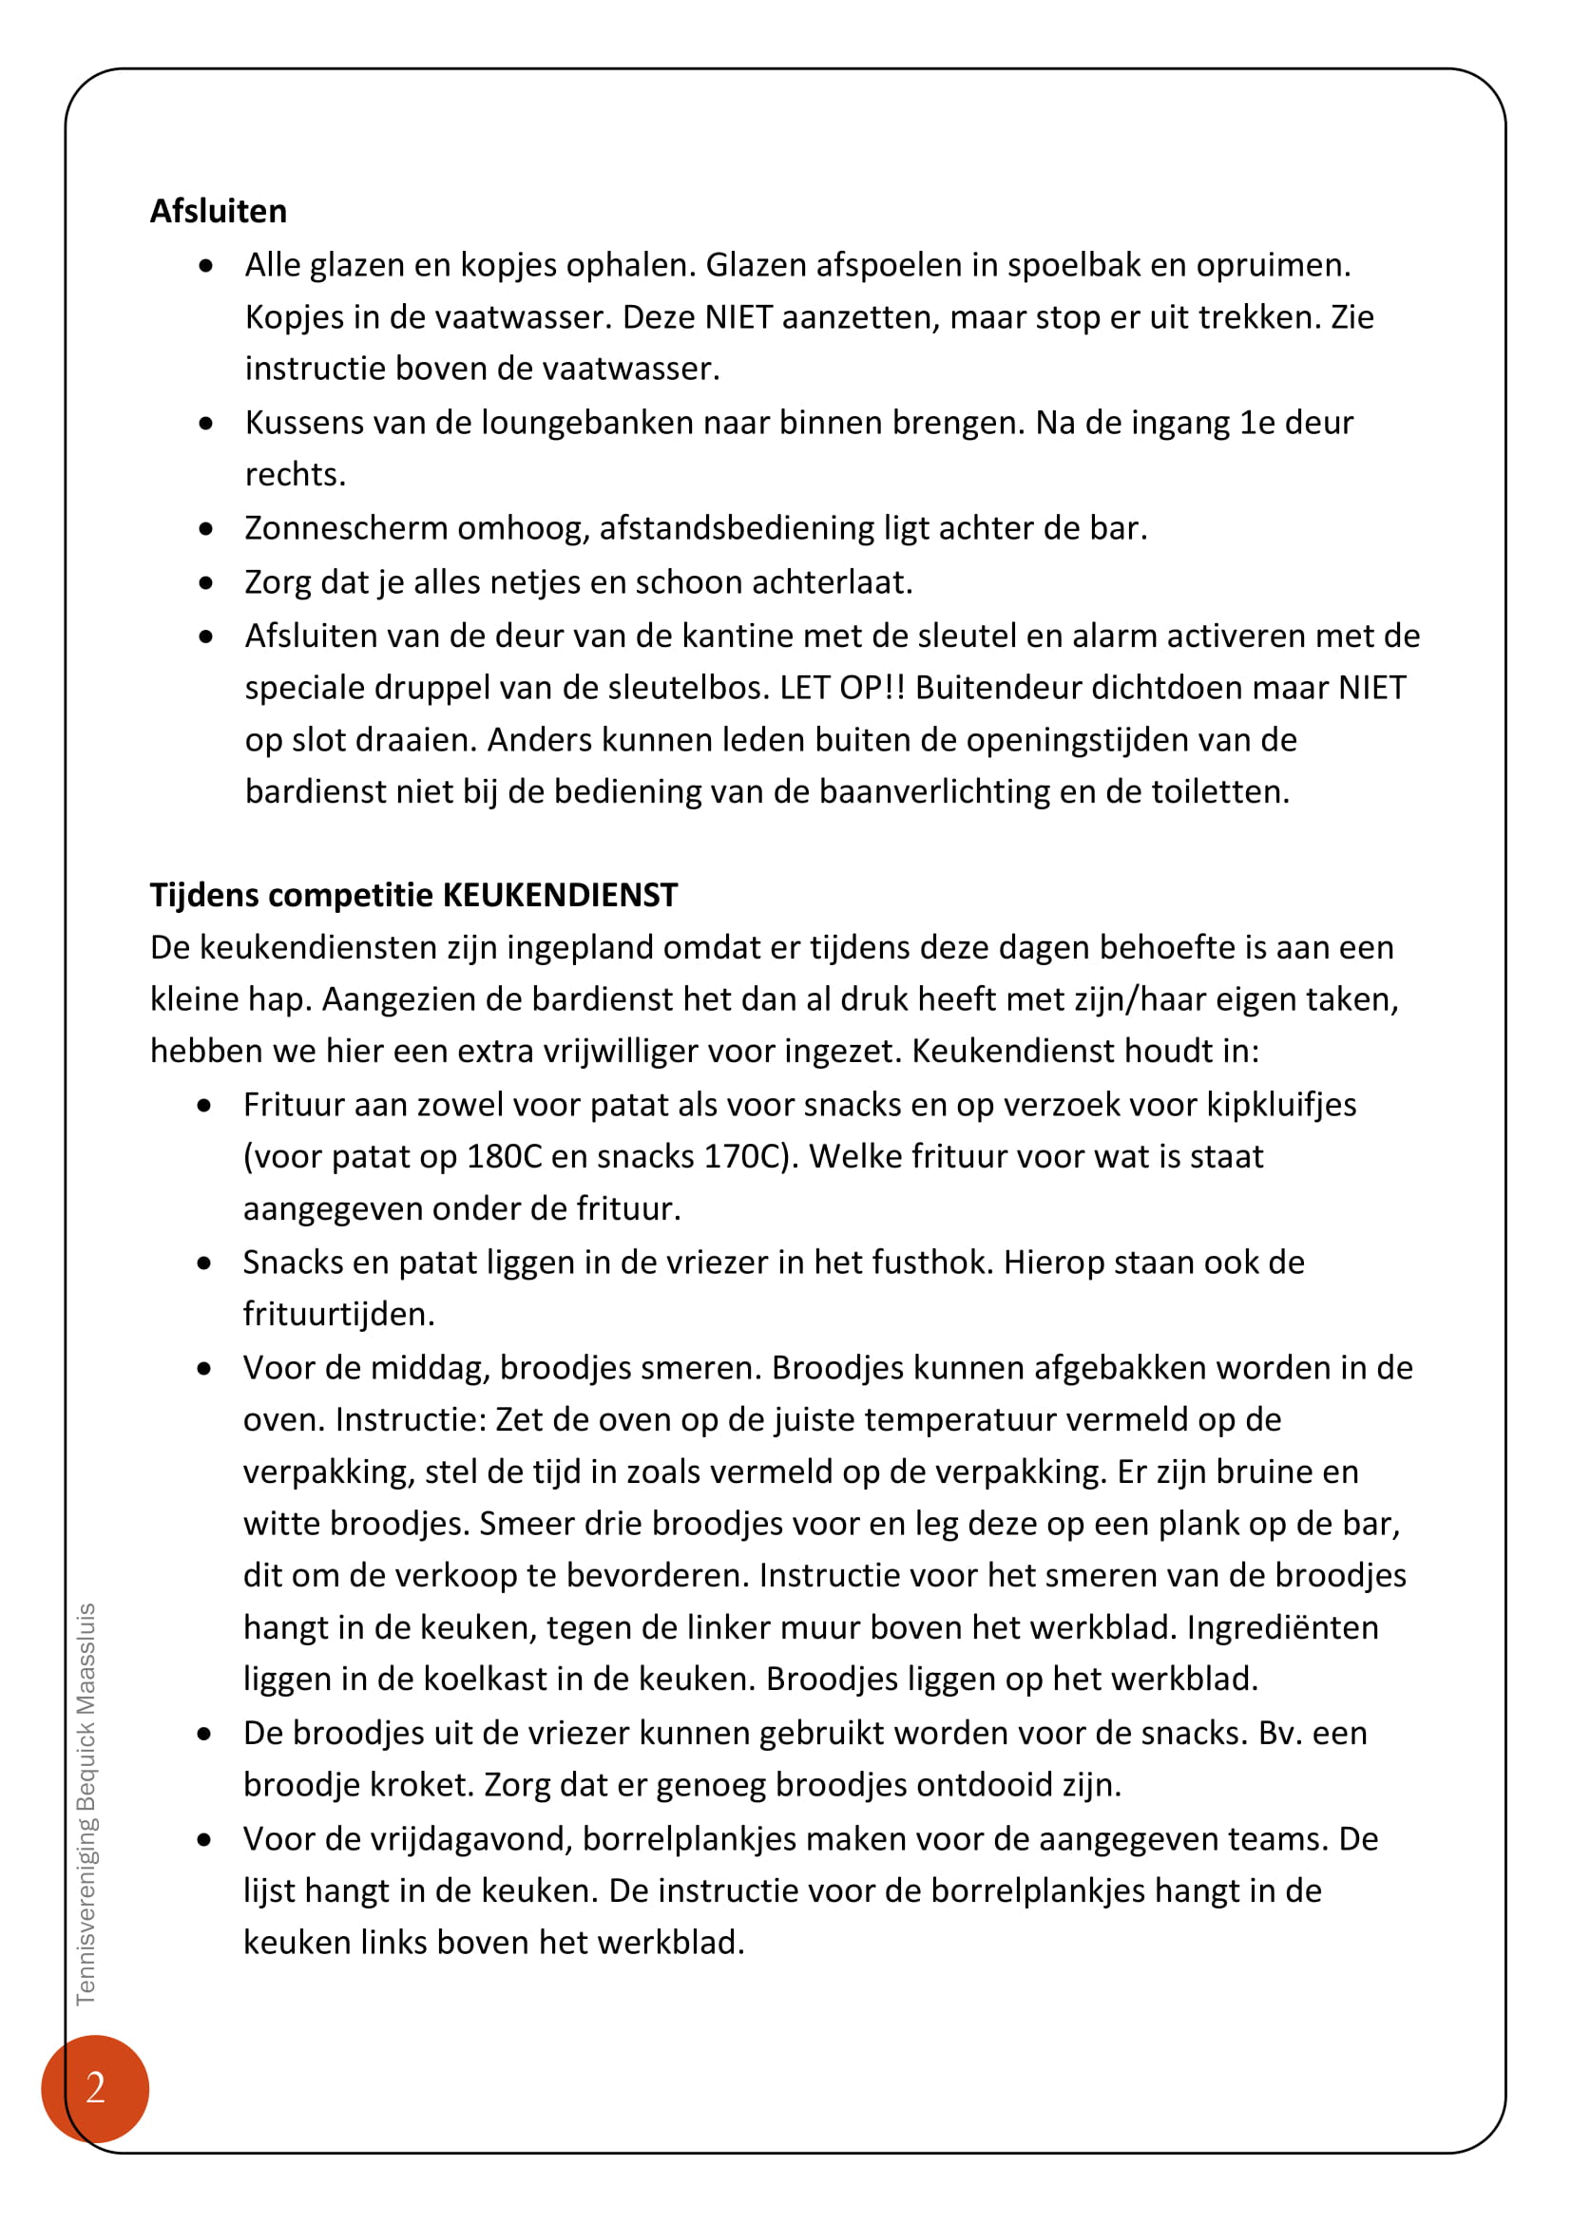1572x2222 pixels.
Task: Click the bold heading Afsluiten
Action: (218, 211)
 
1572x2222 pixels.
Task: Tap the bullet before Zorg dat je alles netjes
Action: (205, 582)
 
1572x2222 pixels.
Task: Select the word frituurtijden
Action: (337, 1314)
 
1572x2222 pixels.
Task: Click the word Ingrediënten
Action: (1282, 1629)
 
